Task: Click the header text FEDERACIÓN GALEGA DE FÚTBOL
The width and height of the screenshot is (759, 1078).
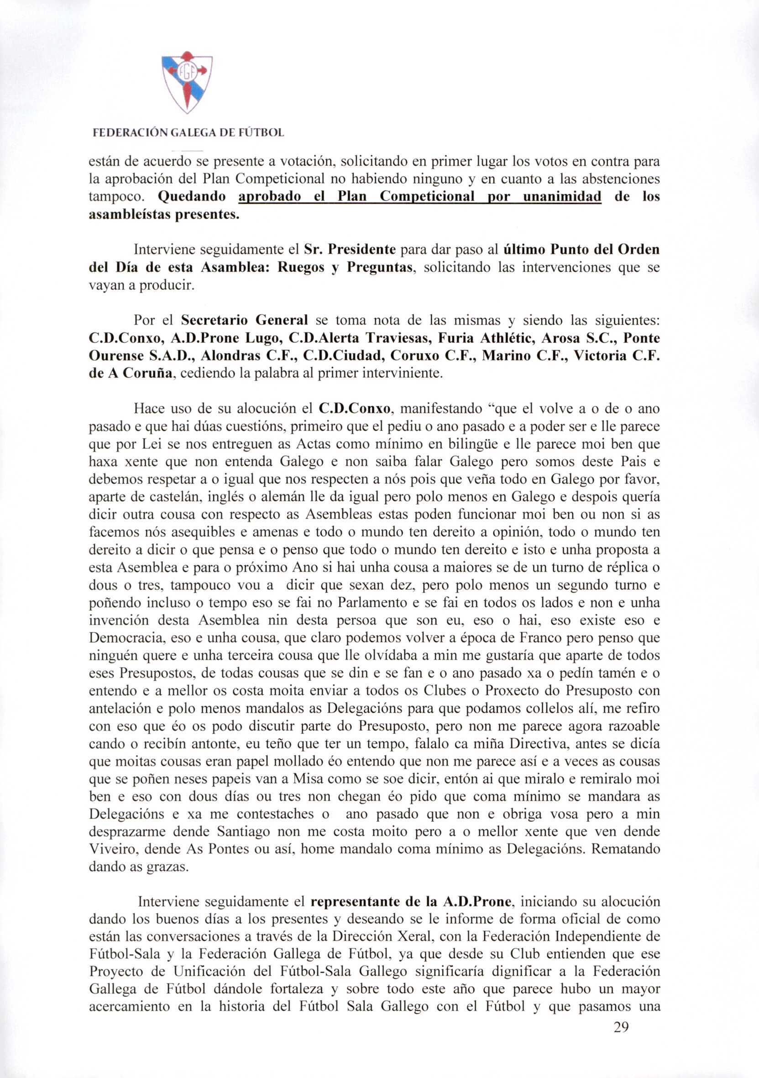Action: coord(188,133)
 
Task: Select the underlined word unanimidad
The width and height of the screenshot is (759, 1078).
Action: coord(562,197)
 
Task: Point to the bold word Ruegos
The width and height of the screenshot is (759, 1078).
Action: coord(297,268)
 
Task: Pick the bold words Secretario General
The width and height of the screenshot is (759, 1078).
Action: coord(244,320)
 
